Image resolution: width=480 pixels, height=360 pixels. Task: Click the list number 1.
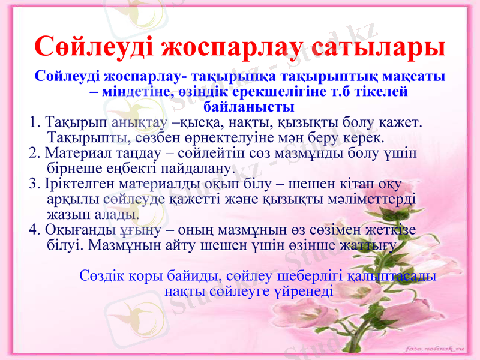pyautogui.click(x=32, y=124)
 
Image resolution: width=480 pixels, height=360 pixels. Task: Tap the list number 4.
pyautogui.click(x=32, y=230)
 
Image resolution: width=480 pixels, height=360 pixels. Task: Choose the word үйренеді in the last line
pyautogui.click(x=305, y=292)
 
